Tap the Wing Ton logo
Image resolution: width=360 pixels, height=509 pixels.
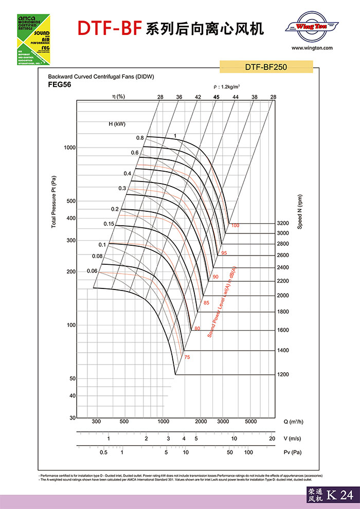(312, 26)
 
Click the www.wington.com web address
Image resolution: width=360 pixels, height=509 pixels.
(312, 48)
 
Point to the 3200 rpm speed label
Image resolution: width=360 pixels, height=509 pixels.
(283, 224)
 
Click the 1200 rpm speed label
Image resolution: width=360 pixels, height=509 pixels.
(283, 374)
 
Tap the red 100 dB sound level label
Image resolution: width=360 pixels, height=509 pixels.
(236, 226)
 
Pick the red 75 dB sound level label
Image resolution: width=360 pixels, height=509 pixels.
(187, 357)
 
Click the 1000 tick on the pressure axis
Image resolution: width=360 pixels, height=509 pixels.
(69, 148)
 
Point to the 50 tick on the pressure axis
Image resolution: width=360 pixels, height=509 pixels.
(73, 378)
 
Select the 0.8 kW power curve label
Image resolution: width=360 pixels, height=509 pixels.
(140, 138)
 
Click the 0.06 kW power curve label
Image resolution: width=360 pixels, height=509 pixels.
(92, 271)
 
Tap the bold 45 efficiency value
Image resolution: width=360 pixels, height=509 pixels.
(217, 97)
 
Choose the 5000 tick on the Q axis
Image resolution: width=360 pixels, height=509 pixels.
(250, 422)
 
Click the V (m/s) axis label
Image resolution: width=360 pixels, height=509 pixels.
(293, 439)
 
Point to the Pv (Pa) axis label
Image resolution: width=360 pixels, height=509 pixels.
(294, 452)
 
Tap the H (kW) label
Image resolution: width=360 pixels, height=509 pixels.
(117, 124)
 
